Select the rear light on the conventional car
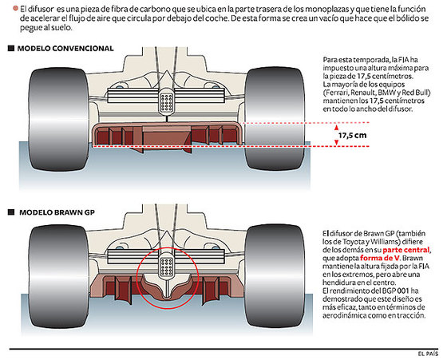click(x=168, y=101)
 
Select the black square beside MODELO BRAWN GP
click(x=10, y=214)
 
